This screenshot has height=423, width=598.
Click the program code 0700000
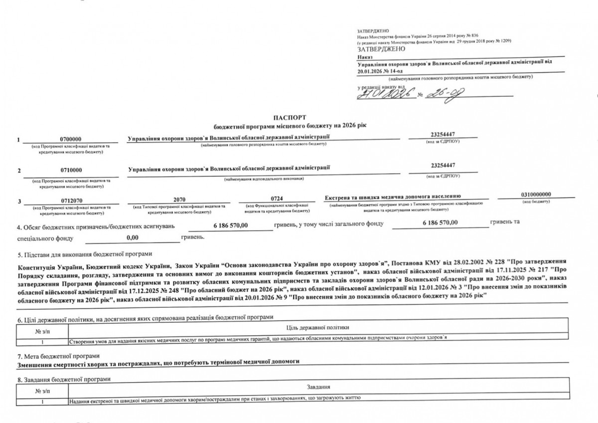pos(71,139)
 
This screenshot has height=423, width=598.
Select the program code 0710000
pos(71,170)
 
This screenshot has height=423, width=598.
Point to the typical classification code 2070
pos(179,200)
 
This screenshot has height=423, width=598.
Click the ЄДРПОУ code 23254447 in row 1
pos(443,134)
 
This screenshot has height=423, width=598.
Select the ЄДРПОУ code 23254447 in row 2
pos(443,166)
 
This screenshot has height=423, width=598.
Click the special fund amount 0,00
pos(132,238)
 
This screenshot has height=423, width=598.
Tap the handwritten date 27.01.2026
pos(386,93)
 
